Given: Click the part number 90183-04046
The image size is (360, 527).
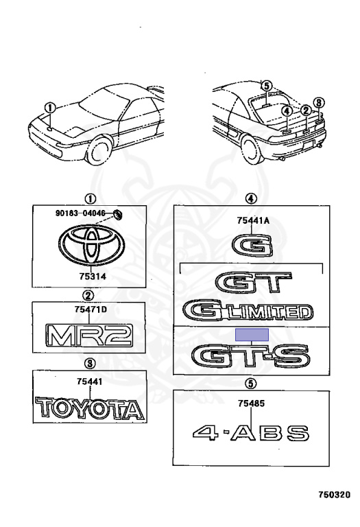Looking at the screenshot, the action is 80,213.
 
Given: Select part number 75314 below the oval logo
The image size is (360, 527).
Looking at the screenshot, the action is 93,277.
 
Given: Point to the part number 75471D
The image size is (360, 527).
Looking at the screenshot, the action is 91,309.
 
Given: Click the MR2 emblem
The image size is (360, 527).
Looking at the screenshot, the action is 89,335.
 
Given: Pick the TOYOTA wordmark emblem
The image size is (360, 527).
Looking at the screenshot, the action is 90,408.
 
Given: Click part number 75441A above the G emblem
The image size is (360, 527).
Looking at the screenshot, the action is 253,220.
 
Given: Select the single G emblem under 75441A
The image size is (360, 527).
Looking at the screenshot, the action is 252,246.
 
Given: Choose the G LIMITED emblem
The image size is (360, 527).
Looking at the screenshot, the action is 248,310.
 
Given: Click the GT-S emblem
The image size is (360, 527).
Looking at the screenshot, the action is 250,356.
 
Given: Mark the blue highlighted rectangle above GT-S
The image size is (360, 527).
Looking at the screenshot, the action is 252,334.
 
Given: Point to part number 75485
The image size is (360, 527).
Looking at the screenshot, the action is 251,403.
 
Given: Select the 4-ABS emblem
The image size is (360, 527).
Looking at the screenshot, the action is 251,433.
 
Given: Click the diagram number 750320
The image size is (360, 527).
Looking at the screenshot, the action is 334,494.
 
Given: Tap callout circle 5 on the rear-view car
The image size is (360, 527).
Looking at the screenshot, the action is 266,86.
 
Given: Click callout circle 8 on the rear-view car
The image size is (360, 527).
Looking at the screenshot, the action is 319,102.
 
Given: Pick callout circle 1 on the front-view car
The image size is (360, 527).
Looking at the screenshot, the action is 50,108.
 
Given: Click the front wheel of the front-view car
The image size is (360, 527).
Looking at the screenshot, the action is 99,152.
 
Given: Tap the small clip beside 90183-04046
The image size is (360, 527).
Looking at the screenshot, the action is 118,214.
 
